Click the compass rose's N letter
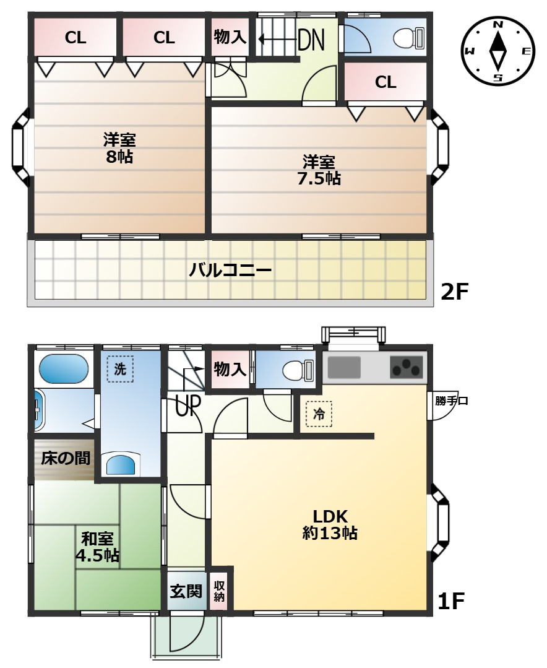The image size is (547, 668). click(x=498, y=25)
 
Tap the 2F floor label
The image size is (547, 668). click(x=454, y=292)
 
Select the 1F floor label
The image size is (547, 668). click(x=451, y=601)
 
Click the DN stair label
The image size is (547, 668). click(x=311, y=40)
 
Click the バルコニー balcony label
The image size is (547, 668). click(x=230, y=270)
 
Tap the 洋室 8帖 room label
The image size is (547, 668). click(x=119, y=148)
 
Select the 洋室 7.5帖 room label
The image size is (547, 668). click(x=319, y=170)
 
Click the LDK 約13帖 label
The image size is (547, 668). click(x=330, y=524)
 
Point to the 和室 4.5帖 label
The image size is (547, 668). click(x=97, y=547)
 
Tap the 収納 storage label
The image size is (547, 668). click(x=219, y=591)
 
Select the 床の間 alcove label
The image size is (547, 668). click(x=66, y=458)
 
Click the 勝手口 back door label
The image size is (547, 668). click(x=452, y=401)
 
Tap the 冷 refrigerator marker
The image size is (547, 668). click(x=319, y=414)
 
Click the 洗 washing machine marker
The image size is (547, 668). click(x=120, y=369)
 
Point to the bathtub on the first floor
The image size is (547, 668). click(x=64, y=369)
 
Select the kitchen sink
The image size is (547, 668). click(x=344, y=367)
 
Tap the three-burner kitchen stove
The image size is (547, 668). click(x=407, y=367)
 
